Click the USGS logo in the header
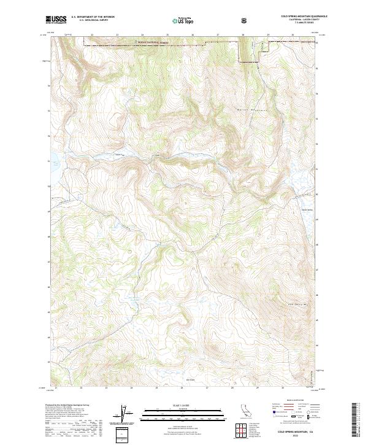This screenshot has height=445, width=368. coord(56,20)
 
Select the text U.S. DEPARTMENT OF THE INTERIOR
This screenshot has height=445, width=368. coord(93,17)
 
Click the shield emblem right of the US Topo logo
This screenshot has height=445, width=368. coord(245,20)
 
